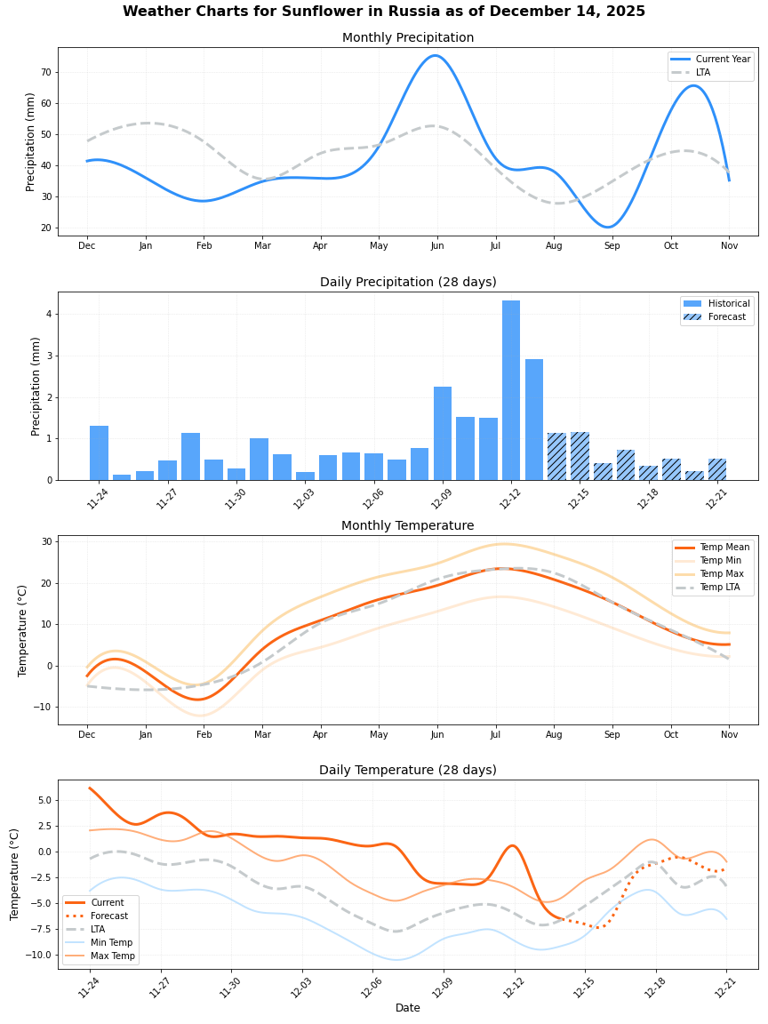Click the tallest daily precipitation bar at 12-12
pos(511,390)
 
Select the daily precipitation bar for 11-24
pos(99,453)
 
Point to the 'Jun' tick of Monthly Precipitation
pos(436,245)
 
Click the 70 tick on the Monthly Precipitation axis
pos(46,72)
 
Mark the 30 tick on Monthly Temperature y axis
pos(46,541)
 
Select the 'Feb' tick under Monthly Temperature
pos(204,734)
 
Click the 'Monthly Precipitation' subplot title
pos(408,38)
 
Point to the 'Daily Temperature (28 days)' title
pos(408,771)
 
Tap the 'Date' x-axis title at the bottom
pos(408,1008)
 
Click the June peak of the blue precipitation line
pos(435,56)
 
